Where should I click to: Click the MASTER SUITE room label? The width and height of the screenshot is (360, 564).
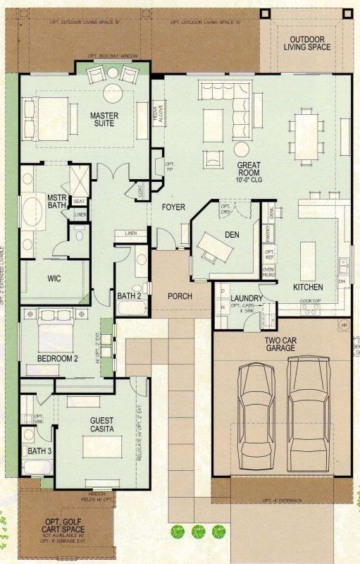[x=104, y=121]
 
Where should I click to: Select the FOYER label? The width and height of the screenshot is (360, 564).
[x=173, y=207]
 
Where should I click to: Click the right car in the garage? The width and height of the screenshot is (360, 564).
[x=308, y=409]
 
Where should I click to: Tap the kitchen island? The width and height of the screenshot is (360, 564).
[x=309, y=261]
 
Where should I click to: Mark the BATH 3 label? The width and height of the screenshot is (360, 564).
[x=39, y=450]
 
